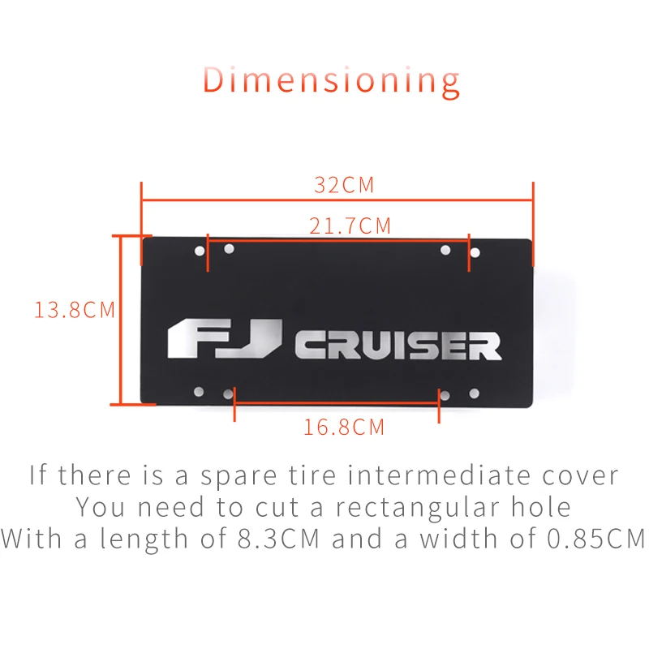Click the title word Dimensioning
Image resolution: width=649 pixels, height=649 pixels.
point(330,80)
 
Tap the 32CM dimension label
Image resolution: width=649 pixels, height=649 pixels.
point(344,185)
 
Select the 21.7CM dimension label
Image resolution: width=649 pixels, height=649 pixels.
point(350,226)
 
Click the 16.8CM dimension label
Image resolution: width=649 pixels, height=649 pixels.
point(344,427)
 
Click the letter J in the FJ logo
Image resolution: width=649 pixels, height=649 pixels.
point(259,338)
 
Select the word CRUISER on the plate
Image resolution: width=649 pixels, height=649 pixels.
point(397,346)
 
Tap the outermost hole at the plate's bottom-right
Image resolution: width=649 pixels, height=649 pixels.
point(475,393)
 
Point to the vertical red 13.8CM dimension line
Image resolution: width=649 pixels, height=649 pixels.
point(120,319)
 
